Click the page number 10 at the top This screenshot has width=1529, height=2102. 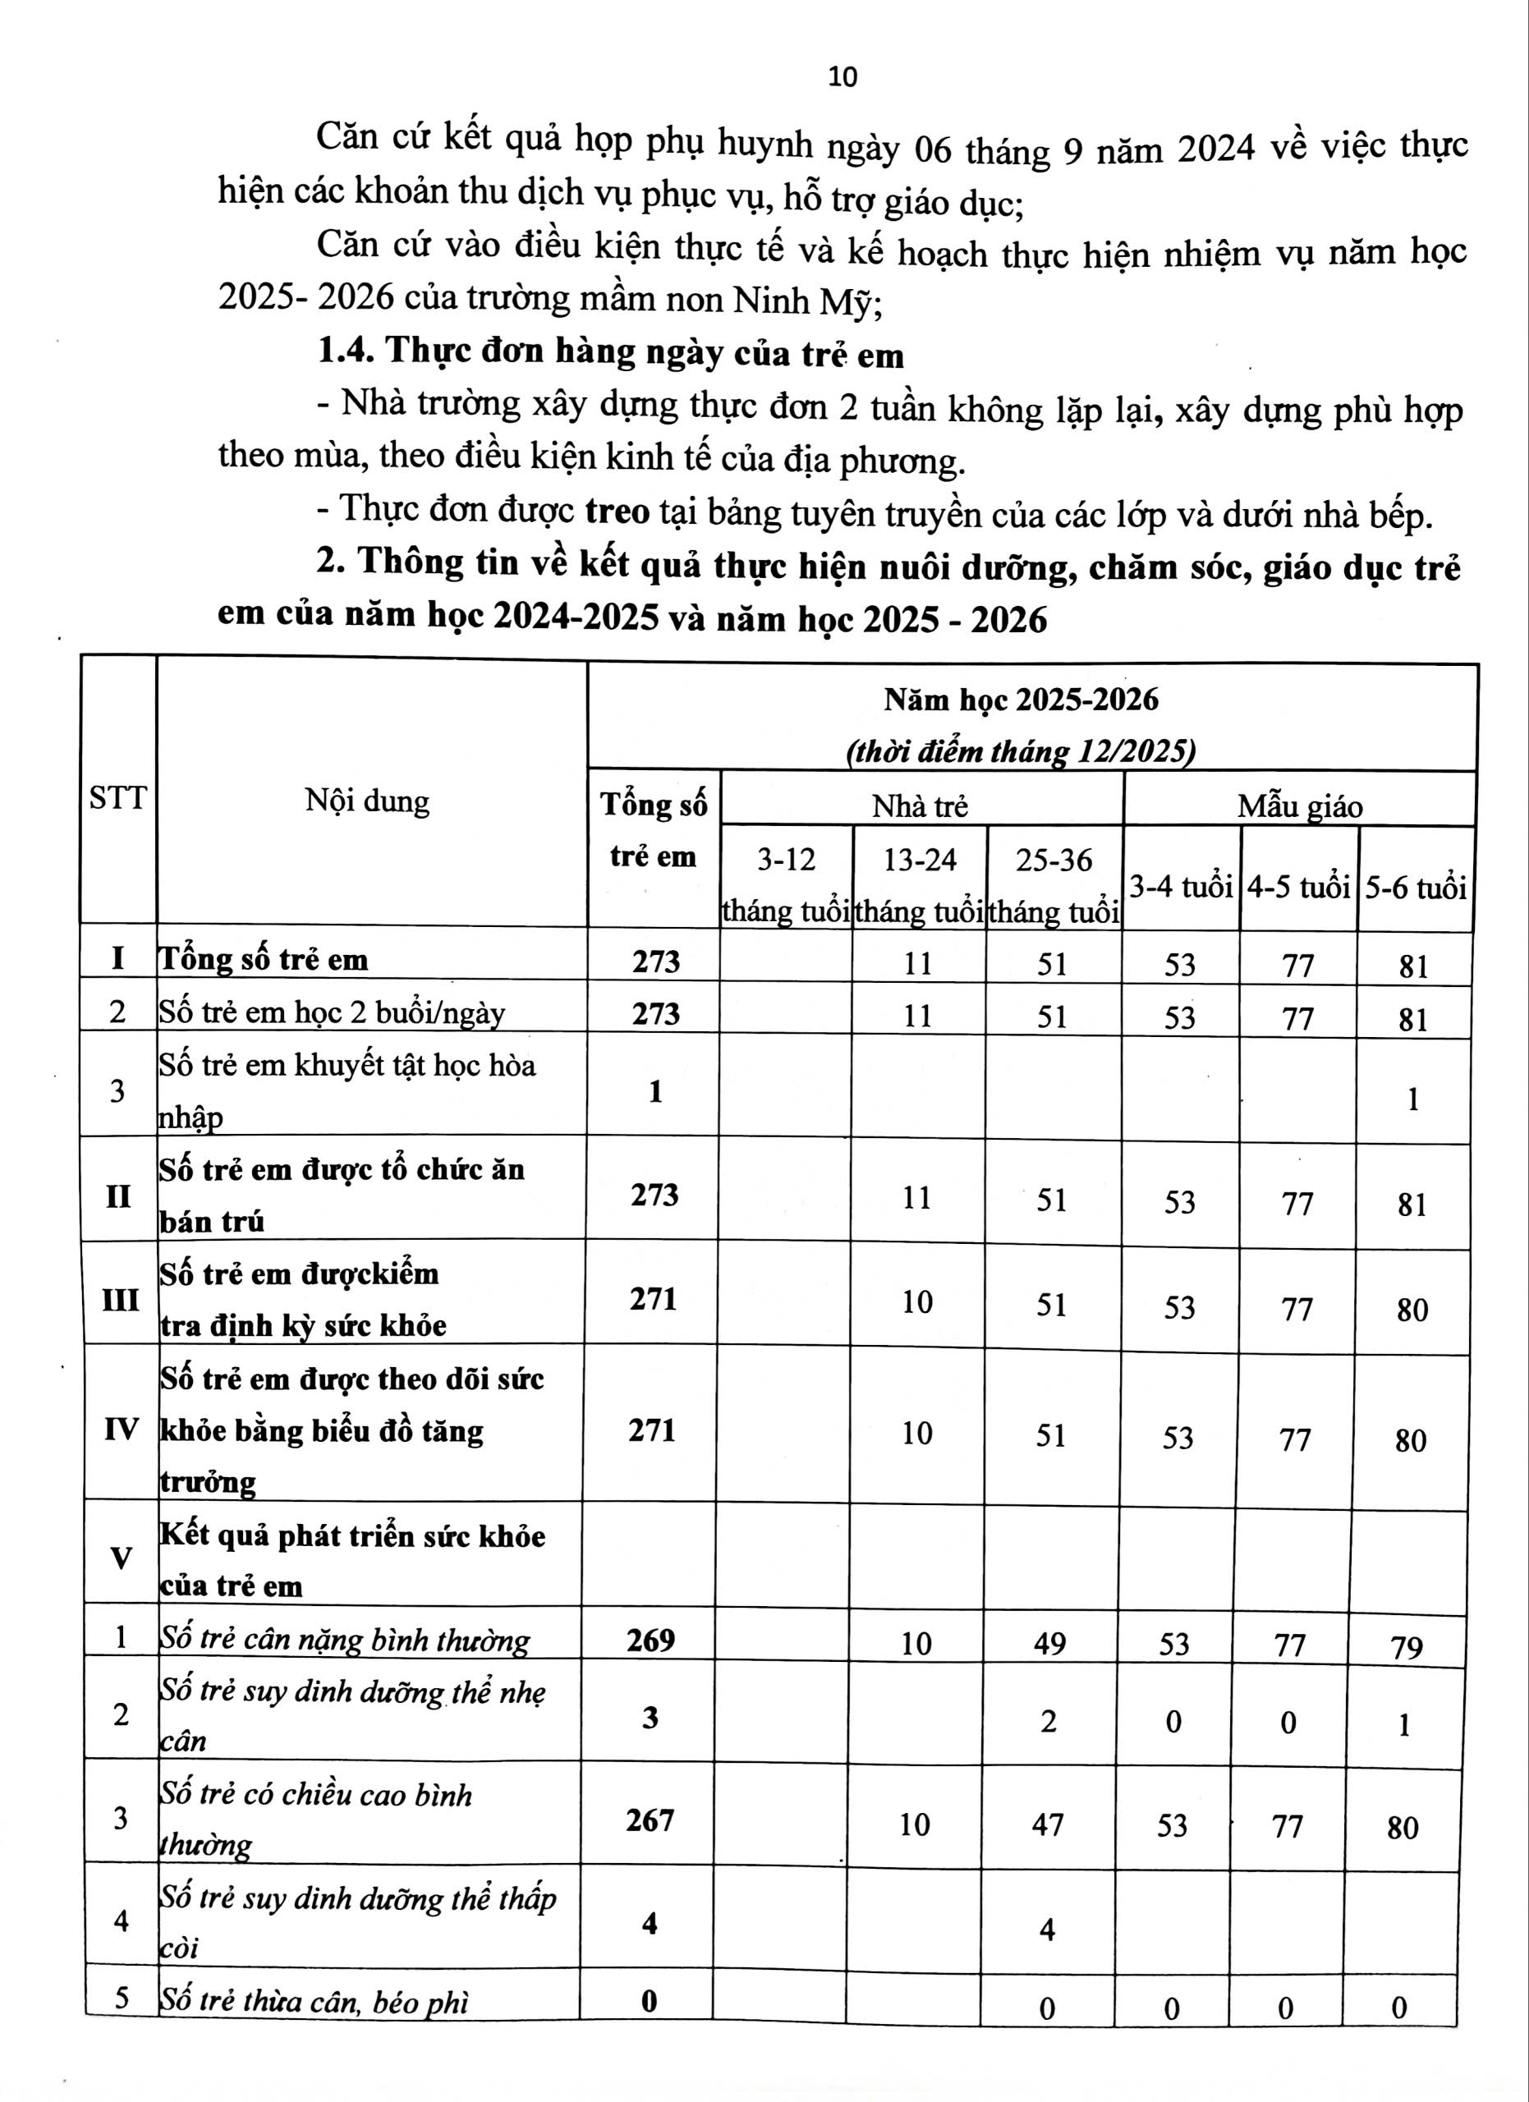click(843, 77)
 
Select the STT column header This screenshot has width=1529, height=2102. click(117, 798)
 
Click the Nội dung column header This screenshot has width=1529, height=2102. click(367, 801)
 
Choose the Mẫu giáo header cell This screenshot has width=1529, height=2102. click(1299, 806)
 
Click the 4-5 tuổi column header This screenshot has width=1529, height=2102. click(1298, 888)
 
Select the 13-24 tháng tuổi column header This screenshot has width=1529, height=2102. click(919, 885)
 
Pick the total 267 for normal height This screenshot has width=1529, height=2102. click(650, 1820)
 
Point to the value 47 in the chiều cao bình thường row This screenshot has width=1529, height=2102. click(1047, 1823)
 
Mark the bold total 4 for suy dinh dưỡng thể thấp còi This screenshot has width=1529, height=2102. click(650, 1923)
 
